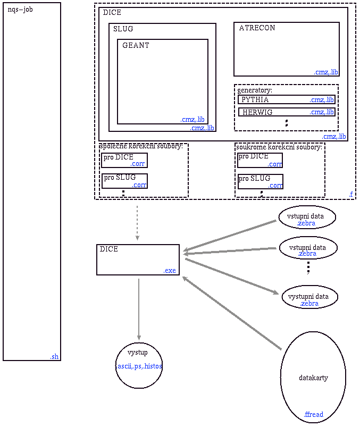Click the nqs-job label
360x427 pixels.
click(x=20, y=10)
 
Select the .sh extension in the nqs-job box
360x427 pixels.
click(x=54, y=357)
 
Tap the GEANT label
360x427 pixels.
click(x=136, y=46)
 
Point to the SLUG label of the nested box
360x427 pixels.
click(x=123, y=29)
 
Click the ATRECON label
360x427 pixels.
click(x=257, y=28)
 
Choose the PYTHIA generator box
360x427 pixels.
click(x=286, y=99)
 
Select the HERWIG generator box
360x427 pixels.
click(x=286, y=112)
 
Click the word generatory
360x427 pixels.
click(x=255, y=90)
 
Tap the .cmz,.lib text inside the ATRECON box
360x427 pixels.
click(x=326, y=72)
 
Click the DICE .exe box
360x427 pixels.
click(x=138, y=259)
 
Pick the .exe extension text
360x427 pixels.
click(x=170, y=271)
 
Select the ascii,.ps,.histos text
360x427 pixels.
click(x=139, y=366)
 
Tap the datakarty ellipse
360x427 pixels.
click(x=313, y=378)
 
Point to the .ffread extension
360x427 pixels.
click(x=313, y=414)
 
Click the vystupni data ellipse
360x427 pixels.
click(x=309, y=297)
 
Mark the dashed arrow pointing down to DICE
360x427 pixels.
click(x=137, y=223)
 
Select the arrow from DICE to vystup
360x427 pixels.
click(x=139, y=308)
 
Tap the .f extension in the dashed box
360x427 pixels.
click(x=351, y=195)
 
